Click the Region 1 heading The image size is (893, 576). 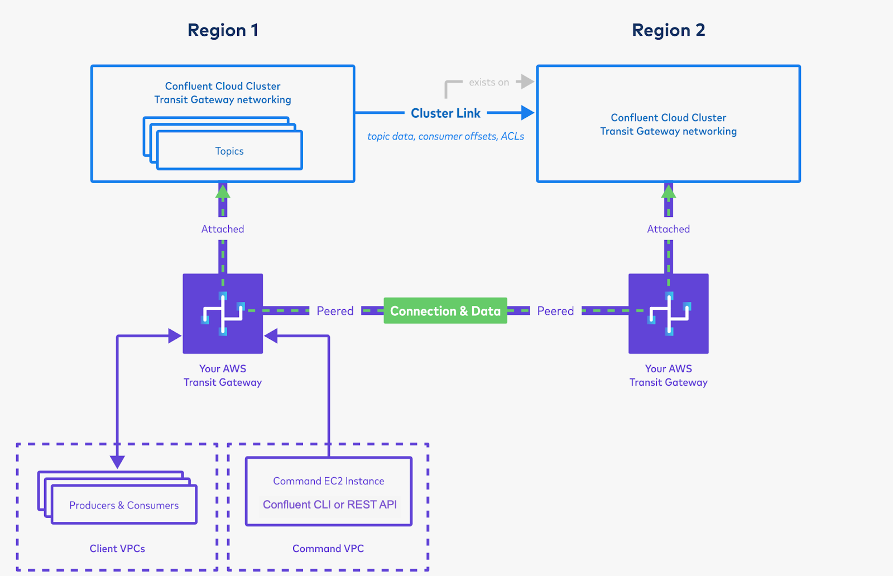(223, 30)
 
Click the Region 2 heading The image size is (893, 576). (668, 30)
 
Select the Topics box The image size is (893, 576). (229, 151)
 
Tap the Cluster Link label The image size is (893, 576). (445, 113)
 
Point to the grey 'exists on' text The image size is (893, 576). (489, 83)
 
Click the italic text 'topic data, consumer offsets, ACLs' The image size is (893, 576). (445, 136)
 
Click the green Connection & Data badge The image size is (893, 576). (445, 311)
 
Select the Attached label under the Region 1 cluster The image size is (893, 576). (223, 229)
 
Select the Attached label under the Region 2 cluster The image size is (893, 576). (668, 229)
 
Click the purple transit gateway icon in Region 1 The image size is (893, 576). (223, 314)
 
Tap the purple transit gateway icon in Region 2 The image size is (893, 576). (668, 314)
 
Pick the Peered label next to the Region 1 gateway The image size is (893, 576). (335, 311)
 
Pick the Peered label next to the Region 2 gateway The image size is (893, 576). (555, 311)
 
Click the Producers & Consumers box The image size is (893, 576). (124, 505)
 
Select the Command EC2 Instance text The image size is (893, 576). (328, 481)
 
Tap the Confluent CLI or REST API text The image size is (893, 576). (329, 505)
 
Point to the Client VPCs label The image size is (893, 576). (117, 549)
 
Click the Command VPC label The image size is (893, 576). (328, 549)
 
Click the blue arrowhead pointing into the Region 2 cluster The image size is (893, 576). (527, 113)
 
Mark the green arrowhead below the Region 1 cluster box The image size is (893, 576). (223, 191)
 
